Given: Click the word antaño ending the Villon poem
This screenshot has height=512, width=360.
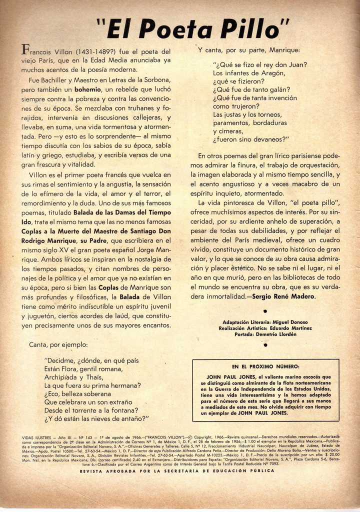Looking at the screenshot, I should [x=132, y=418].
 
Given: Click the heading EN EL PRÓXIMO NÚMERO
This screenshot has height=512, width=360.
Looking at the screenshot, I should [x=265, y=366].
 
